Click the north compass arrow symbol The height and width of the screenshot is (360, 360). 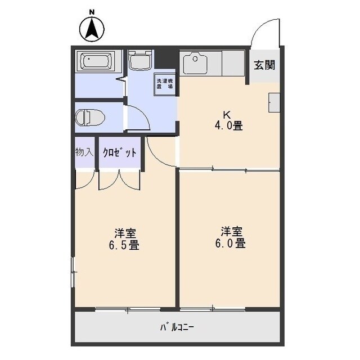pos(93,30)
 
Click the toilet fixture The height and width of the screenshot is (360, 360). pos(90,118)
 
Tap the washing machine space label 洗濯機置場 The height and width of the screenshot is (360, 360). pos(165,84)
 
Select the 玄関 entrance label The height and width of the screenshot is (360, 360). pos(264,65)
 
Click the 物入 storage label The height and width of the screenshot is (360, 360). pos(84,152)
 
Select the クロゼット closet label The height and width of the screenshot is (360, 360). pos(119,152)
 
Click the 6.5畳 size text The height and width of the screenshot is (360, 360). pos(125,245)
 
